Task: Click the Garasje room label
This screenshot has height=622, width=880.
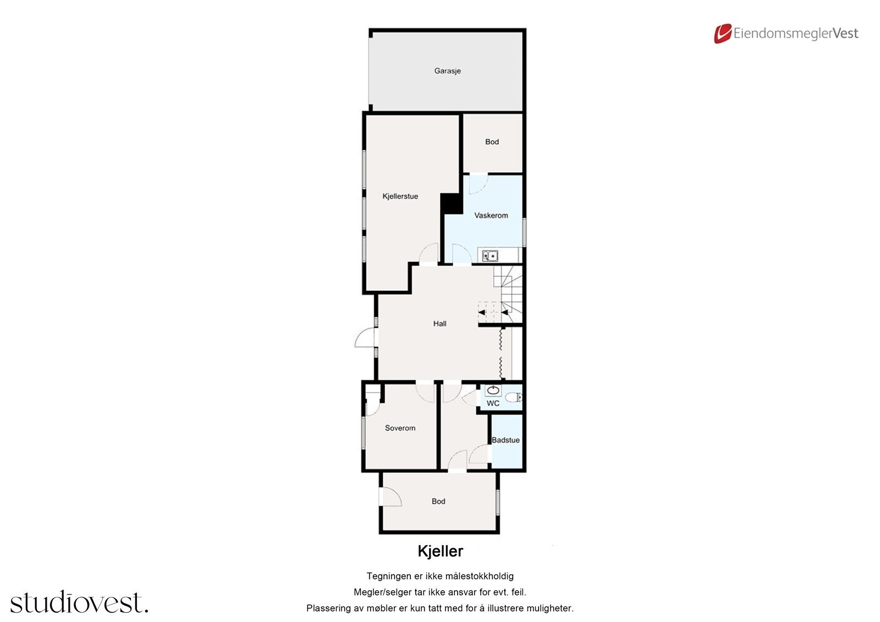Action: pyautogui.click(x=447, y=71)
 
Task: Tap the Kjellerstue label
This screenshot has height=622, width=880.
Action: pyautogui.click(x=400, y=196)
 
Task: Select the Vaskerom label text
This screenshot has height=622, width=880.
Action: pyautogui.click(x=491, y=216)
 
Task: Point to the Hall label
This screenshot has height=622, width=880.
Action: pyautogui.click(x=439, y=324)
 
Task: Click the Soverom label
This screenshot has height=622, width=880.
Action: pyautogui.click(x=400, y=428)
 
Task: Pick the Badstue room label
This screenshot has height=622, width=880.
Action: pyautogui.click(x=505, y=440)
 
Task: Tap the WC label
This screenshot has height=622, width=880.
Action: pyautogui.click(x=493, y=403)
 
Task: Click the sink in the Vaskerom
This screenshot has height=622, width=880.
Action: pyautogui.click(x=490, y=256)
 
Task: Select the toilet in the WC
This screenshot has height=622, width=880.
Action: pyautogui.click(x=513, y=397)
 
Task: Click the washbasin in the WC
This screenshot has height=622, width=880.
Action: pyautogui.click(x=493, y=390)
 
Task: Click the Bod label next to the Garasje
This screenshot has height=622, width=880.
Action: pyautogui.click(x=492, y=142)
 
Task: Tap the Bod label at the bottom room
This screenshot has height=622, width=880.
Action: pyautogui.click(x=438, y=502)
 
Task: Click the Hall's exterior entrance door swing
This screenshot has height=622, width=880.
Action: pyautogui.click(x=364, y=338)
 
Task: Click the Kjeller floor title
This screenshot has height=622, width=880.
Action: pyautogui.click(x=440, y=551)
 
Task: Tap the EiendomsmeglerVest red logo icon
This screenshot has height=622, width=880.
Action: pyautogui.click(x=722, y=34)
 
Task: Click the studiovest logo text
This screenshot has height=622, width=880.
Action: pyautogui.click(x=79, y=603)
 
